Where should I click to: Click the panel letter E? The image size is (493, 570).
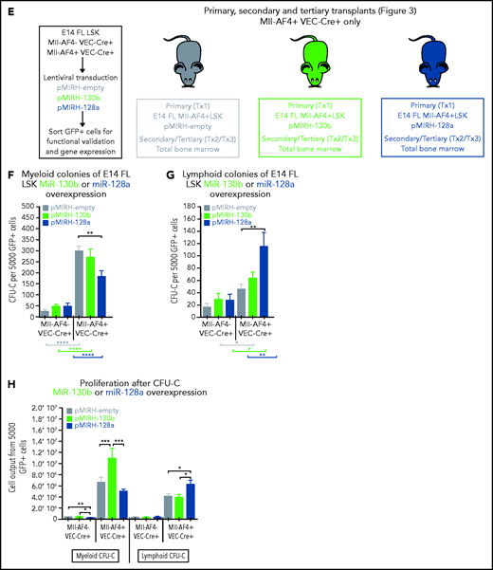pyautogui.click(x=8, y=9)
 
